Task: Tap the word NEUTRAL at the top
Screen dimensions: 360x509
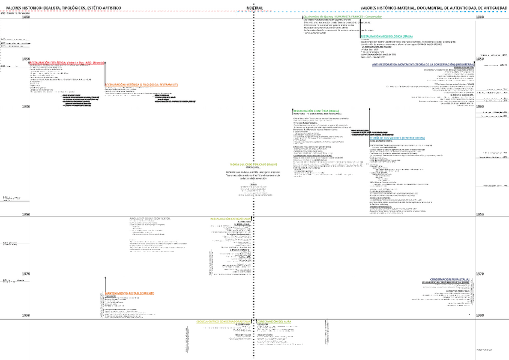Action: tap(254, 8)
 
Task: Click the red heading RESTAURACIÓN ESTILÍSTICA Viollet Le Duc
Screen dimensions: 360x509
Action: tap(67, 62)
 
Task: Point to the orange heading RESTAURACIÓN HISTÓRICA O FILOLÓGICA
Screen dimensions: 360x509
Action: tap(142, 85)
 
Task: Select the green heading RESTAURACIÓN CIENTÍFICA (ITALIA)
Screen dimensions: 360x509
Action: tap(316, 111)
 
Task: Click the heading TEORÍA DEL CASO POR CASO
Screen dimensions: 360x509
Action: tap(253, 164)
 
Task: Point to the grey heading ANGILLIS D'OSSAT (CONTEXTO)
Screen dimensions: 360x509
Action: tap(150, 218)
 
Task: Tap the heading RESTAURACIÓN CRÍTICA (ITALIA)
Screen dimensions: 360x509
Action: tap(230, 219)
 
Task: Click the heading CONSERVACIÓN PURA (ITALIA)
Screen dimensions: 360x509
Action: tap(450, 279)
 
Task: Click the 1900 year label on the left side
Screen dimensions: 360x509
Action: tap(26, 106)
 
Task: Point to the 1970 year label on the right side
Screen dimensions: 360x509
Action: tap(480, 274)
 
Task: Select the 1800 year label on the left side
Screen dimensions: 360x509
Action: tap(26, 18)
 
